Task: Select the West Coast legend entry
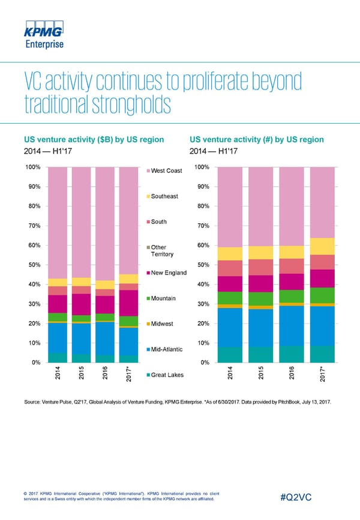(x=166, y=171)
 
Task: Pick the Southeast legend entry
(x=164, y=196)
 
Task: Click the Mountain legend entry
(x=163, y=298)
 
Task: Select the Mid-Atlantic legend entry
(x=167, y=349)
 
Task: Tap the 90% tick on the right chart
(x=202, y=187)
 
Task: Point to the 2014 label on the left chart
(x=57, y=373)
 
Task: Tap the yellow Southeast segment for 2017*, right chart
(x=322, y=246)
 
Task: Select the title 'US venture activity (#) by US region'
(x=256, y=140)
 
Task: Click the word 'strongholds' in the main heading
(x=126, y=106)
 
